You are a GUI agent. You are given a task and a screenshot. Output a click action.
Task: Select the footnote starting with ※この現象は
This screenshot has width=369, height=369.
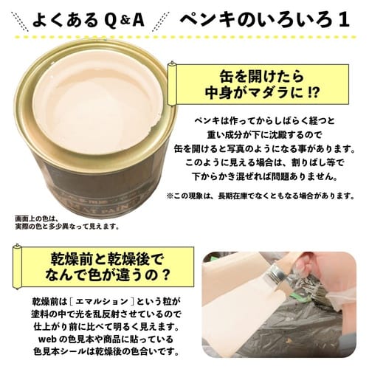pos(263,196)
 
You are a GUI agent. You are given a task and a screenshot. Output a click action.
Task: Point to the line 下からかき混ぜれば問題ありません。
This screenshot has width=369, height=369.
pos(265,176)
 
